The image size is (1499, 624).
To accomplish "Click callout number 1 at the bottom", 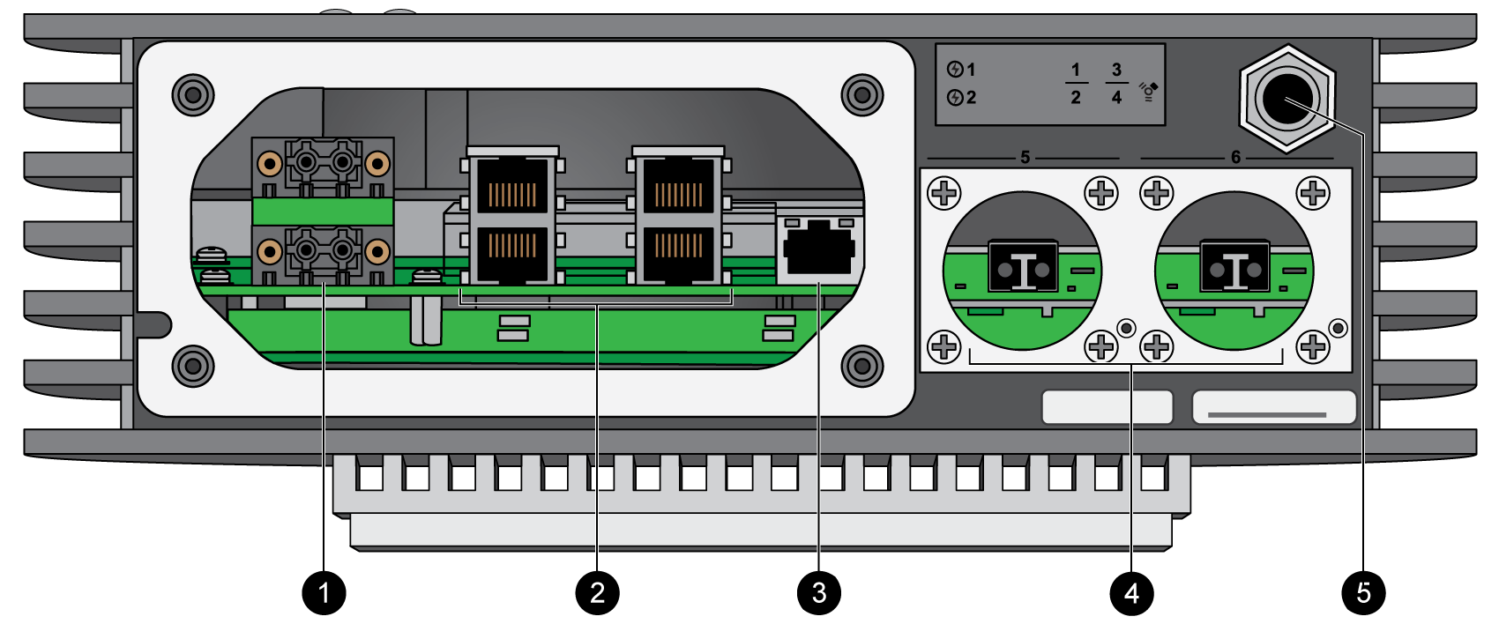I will pyautogui.click(x=324, y=592).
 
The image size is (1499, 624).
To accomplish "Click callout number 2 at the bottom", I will pyautogui.click(x=597, y=592).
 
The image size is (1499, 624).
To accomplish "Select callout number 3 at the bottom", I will pyautogui.click(x=819, y=592).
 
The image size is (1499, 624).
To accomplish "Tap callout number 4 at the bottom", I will pyautogui.click(x=1131, y=592).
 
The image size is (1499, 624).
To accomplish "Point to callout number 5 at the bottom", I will pyautogui.click(x=1363, y=592).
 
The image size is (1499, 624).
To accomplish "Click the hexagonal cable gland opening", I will pyautogui.click(x=1287, y=99).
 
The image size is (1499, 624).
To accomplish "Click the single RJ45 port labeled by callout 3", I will pyautogui.click(x=818, y=252).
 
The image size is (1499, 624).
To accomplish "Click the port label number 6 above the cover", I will pyautogui.click(x=1235, y=157).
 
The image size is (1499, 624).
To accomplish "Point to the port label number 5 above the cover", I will pyautogui.click(x=1025, y=157).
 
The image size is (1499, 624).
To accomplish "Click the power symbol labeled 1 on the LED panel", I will pyautogui.click(x=955, y=70).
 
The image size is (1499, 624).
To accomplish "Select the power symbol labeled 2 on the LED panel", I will pyautogui.click(x=955, y=98).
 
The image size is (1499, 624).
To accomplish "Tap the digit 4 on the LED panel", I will pyautogui.click(x=1116, y=98).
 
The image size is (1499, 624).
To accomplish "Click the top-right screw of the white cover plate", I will pyautogui.click(x=861, y=94).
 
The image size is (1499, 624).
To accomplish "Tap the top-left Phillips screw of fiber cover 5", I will pyautogui.click(x=944, y=192).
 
